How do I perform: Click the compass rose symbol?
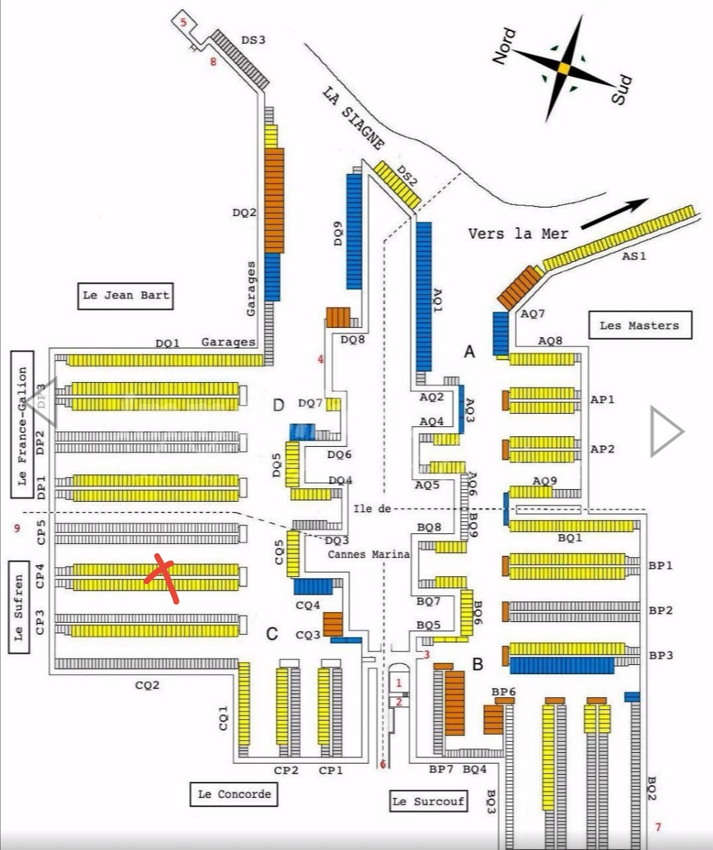(563, 68)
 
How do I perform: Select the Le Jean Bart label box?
(126, 296)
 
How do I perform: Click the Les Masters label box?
(639, 325)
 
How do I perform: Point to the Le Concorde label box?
(234, 794)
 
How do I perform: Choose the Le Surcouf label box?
(428, 801)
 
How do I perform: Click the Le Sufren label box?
(19, 607)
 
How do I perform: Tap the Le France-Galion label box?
(22, 424)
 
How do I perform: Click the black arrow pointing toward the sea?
(615, 214)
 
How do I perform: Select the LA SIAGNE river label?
(354, 118)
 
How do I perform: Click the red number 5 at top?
(184, 23)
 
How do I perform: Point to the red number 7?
(658, 827)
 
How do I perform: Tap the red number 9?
(17, 528)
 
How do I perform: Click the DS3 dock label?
(253, 40)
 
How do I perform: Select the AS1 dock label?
(634, 256)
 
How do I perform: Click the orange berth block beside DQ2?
(274, 200)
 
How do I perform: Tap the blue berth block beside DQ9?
(354, 231)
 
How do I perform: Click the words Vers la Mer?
(518, 234)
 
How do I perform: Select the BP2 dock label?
(660, 610)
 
